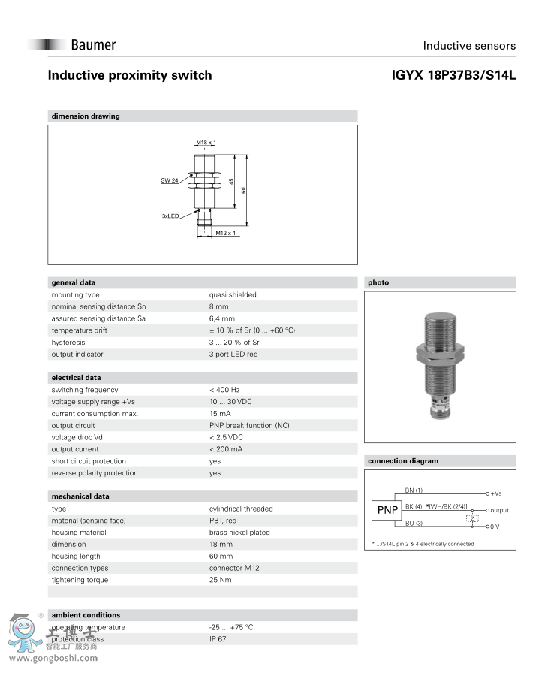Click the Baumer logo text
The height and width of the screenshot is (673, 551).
[x=93, y=45]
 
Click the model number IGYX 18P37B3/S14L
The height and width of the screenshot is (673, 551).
[x=453, y=75]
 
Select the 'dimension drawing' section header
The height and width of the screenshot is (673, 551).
[x=86, y=116]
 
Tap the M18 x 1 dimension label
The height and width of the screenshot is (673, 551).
[x=204, y=143]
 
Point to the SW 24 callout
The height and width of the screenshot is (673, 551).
[x=170, y=180]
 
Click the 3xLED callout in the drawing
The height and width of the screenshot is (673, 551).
[x=170, y=216]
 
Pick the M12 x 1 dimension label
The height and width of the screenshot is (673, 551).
[x=226, y=234]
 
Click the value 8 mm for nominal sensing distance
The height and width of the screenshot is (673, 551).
[x=219, y=306]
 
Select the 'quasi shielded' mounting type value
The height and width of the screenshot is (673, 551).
[x=233, y=295]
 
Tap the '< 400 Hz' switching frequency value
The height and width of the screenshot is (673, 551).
[x=224, y=390]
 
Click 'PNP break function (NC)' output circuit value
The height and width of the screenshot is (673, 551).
[x=249, y=425]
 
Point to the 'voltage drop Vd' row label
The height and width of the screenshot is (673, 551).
[x=77, y=437]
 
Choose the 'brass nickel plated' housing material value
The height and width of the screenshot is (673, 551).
[x=239, y=533]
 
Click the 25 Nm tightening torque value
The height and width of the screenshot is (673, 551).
[x=220, y=580]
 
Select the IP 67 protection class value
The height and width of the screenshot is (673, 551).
[x=218, y=639]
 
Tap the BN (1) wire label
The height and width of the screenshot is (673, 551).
[x=414, y=490]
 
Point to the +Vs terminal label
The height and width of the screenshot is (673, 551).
[x=496, y=493]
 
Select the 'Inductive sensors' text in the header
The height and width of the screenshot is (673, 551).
[x=469, y=46]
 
